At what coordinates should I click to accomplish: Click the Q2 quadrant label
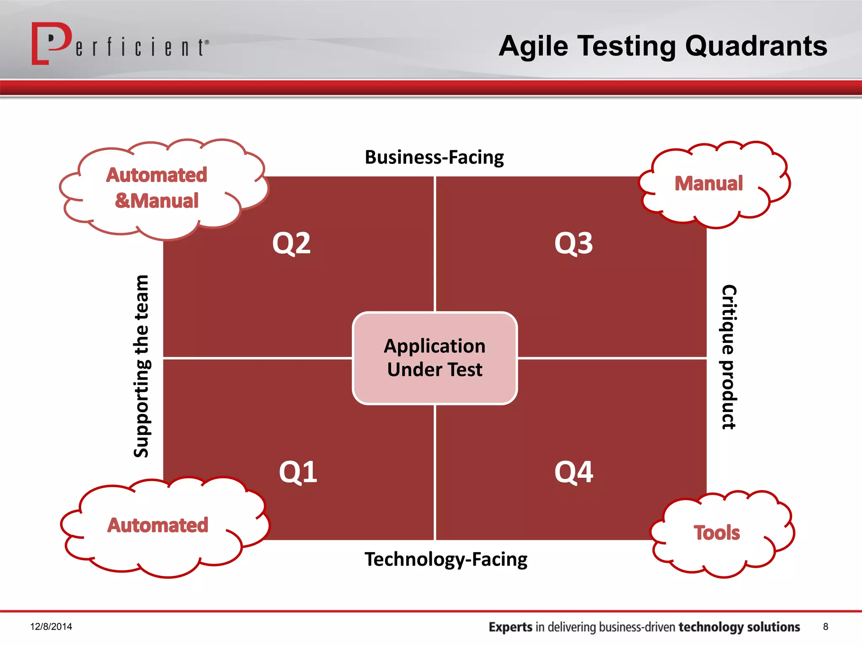[x=291, y=244]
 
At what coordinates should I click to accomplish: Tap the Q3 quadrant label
[x=573, y=244]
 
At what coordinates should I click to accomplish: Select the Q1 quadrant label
[x=298, y=472]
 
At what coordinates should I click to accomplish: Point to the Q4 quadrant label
[x=573, y=472]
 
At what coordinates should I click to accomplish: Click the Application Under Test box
[x=435, y=358]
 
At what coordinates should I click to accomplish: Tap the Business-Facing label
[x=434, y=157]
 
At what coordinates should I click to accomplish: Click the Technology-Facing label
[x=446, y=559]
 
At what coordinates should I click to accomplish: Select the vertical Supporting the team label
[x=141, y=366]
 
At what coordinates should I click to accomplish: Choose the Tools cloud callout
[x=717, y=533]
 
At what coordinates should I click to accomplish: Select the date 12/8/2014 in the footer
[x=51, y=627]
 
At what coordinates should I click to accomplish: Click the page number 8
[x=825, y=627]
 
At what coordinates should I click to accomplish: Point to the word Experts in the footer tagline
[x=510, y=627]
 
